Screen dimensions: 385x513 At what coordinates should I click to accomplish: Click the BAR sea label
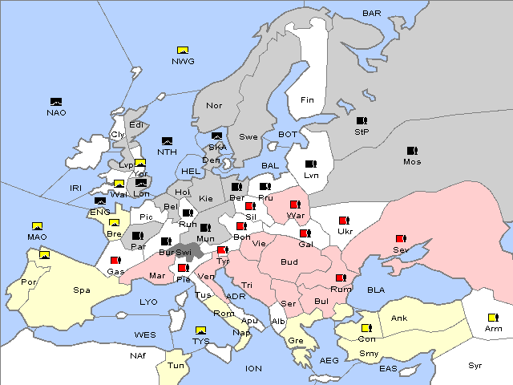click(x=371, y=14)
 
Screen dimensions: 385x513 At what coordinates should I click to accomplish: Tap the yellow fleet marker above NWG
click(x=183, y=51)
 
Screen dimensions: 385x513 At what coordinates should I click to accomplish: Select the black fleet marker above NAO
click(x=56, y=102)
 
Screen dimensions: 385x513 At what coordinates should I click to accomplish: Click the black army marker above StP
click(x=362, y=121)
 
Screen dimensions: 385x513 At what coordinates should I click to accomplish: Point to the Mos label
click(x=412, y=161)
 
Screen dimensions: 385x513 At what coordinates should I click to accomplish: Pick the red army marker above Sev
click(x=400, y=239)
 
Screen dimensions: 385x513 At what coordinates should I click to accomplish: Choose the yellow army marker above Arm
click(x=492, y=318)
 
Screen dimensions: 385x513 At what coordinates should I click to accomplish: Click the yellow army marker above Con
click(x=366, y=328)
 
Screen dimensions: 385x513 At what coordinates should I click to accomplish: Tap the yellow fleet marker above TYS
click(x=200, y=330)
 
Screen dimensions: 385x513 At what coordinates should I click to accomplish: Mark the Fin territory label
click(x=307, y=100)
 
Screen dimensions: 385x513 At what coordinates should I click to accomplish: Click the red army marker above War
click(x=295, y=205)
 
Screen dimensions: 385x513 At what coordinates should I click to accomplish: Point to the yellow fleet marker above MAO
click(x=37, y=226)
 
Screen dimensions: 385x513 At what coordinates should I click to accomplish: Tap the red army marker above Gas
click(x=115, y=261)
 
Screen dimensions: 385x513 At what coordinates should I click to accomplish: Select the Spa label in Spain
click(x=82, y=290)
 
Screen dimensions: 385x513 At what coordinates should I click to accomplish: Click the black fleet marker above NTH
click(x=167, y=141)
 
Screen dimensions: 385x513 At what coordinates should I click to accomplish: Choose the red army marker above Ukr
click(x=344, y=221)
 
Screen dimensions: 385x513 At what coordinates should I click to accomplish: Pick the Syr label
click(x=476, y=365)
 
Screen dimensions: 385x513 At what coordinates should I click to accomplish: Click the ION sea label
click(x=253, y=369)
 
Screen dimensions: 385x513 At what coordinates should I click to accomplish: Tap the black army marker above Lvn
click(x=311, y=164)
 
